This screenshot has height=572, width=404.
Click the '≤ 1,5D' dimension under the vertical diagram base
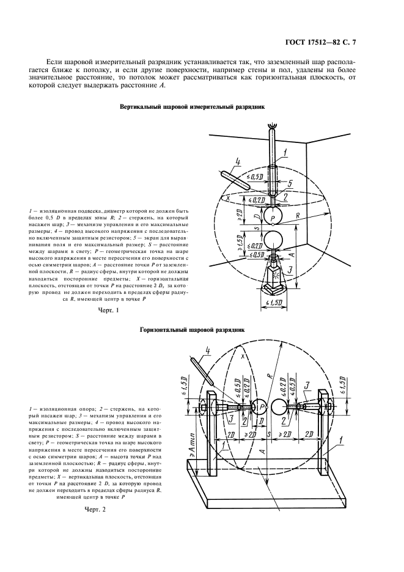[x=271, y=303]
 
